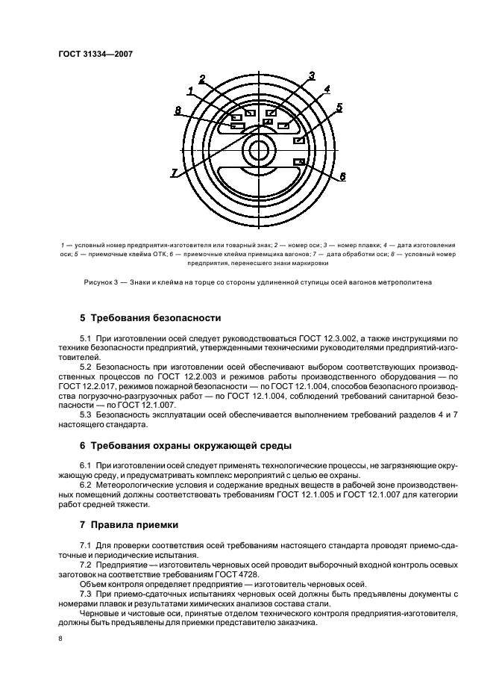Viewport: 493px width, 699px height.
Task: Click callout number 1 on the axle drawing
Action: tap(192, 91)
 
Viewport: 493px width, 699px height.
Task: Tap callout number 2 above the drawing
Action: tap(202, 79)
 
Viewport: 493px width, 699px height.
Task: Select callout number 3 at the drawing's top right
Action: tap(312, 75)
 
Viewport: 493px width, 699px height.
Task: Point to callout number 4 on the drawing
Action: tap(326, 90)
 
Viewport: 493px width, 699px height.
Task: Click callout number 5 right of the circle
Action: tap(339, 108)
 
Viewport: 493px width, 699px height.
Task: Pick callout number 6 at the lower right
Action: tap(342, 176)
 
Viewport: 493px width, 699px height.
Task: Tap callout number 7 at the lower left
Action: tap(174, 173)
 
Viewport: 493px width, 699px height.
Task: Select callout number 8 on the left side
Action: tap(178, 111)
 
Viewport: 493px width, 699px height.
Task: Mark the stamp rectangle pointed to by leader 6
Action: tap(300, 162)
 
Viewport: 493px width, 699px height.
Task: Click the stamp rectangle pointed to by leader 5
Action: tap(299, 140)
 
